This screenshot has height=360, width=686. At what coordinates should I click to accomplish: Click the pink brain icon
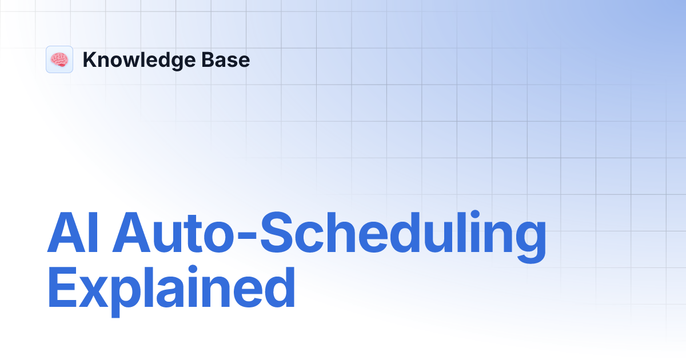59,59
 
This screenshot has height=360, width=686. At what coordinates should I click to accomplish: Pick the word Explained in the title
171,290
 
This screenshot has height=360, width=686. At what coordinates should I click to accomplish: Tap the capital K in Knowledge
89,60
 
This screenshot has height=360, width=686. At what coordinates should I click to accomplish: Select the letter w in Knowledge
131,62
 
